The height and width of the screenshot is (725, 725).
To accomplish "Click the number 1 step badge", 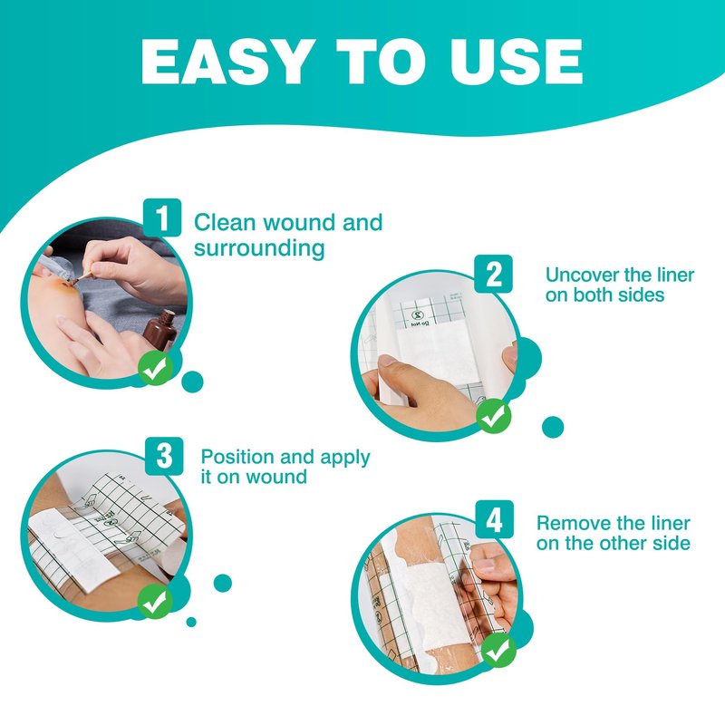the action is pyautogui.click(x=162, y=217).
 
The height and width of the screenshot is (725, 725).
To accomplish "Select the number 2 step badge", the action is pyautogui.click(x=494, y=274).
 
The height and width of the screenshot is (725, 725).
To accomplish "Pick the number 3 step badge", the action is pyautogui.click(x=164, y=456).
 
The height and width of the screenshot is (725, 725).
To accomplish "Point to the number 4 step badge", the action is pyautogui.click(x=495, y=518).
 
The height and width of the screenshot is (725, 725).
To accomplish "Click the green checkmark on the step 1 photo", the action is pyautogui.click(x=155, y=368).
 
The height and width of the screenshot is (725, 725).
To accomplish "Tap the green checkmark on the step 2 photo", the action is pyautogui.click(x=494, y=416).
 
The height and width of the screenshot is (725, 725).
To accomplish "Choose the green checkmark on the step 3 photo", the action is pyautogui.click(x=155, y=601).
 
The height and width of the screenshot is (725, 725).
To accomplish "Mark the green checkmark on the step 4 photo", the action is pyautogui.click(x=498, y=650).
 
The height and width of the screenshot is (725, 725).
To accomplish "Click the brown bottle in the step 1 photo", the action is pyautogui.click(x=160, y=331).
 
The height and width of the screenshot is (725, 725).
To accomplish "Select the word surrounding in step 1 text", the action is pyautogui.click(x=259, y=248).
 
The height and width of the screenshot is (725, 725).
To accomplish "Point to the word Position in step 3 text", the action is pyautogui.click(x=237, y=458).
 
